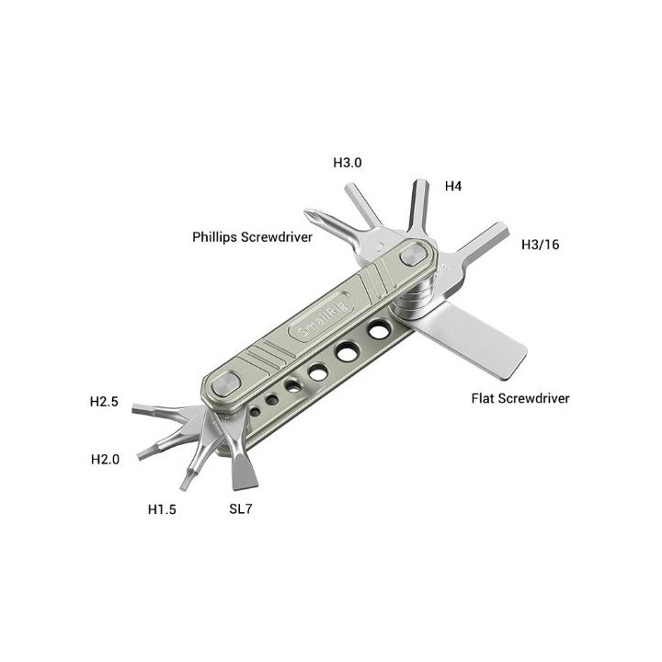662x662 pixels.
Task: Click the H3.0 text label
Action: click(347, 163)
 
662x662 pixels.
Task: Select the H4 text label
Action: click(452, 186)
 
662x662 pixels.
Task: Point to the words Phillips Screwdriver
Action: click(252, 236)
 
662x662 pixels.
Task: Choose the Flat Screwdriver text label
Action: click(519, 398)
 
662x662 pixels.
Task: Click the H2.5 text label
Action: click(104, 402)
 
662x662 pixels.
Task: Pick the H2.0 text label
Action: click(105, 459)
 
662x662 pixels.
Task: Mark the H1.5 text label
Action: click(162, 508)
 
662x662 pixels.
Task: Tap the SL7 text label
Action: click(242, 508)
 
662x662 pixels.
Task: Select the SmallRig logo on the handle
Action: click(309, 323)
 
